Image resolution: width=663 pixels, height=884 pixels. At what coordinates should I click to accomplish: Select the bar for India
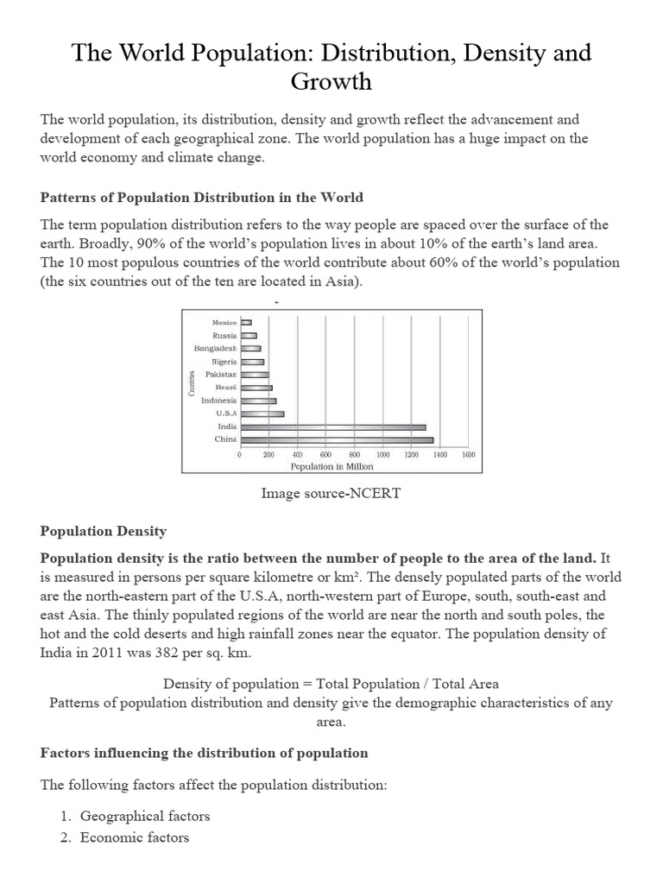[332, 426]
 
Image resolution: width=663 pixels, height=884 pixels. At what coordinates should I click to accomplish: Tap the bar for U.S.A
[262, 414]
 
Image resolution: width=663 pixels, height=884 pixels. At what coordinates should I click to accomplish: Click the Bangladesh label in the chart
[215, 348]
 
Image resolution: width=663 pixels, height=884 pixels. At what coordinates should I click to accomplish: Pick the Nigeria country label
[222, 362]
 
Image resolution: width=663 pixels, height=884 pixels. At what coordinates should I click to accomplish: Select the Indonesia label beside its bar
[218, 401]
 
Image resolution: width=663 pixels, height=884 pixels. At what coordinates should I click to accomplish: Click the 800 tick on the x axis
[354, 455]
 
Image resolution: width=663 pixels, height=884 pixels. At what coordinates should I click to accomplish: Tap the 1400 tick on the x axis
[439, 455]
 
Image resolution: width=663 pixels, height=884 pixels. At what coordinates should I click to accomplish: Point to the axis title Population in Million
[331, 466]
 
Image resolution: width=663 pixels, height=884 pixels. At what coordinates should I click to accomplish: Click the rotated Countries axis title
[191, 382]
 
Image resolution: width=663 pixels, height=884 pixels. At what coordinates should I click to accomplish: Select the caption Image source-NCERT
[331, 494]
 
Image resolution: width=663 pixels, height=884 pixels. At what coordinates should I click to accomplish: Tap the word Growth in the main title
[331, 82]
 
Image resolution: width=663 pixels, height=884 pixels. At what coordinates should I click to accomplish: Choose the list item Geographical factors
[144, 816]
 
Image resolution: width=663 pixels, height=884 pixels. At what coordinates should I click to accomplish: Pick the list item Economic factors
[134, 837]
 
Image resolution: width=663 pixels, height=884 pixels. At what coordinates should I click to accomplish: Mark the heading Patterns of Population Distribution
[202, 198]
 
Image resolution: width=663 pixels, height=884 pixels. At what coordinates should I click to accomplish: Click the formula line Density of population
[331, 684]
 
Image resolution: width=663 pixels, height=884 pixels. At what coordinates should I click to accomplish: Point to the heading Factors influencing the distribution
[204, 753]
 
